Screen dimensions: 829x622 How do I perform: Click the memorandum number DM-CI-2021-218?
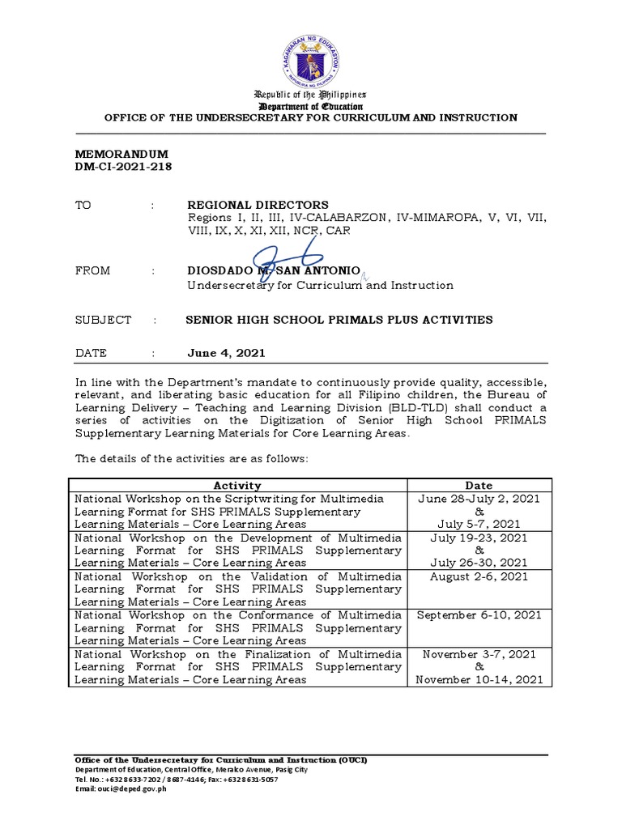123,167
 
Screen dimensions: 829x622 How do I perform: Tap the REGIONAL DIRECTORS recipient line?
258,205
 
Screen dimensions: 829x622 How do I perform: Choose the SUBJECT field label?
103,320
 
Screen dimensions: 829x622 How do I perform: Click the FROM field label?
92,271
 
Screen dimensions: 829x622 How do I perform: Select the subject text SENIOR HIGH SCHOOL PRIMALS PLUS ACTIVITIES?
339,320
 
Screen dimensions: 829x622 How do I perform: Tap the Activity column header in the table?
236,486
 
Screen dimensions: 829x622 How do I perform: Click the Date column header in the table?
479,486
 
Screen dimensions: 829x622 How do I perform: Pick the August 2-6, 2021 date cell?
479,576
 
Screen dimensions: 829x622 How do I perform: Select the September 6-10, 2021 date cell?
479,615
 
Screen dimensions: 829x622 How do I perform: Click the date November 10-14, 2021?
479,680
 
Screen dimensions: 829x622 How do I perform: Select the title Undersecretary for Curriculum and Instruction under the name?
321,285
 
